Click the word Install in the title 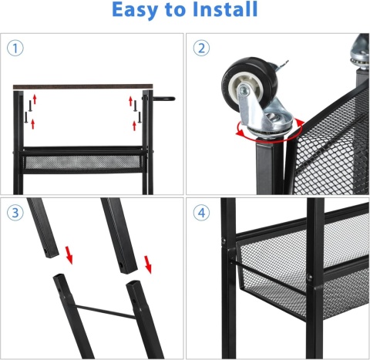pos(225,9)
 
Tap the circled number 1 pos(15,49)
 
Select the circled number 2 pos(201,49)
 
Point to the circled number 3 pos(15,213)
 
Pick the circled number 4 pos(201,213)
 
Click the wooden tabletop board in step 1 pos(82,86)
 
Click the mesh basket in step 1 pos(82,161)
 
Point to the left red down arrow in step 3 pos(69,254)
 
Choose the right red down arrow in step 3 pos(148,264)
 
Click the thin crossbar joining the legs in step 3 pos(105,311)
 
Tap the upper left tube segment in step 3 pos(43,227)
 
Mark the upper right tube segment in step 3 pos(119,235)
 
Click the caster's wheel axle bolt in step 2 pos(243,90)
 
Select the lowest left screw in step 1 pos(26,117)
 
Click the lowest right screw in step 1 pos(140,117)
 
